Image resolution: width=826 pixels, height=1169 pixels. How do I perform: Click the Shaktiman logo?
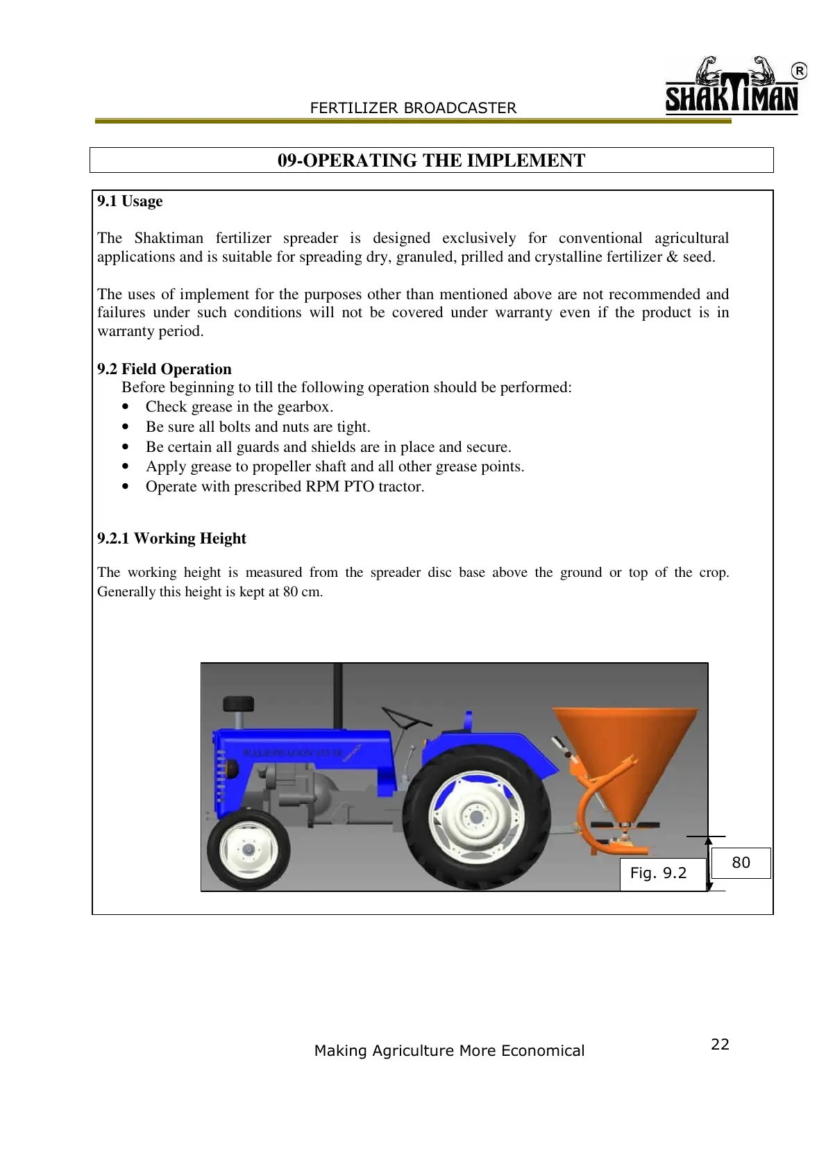click(x=732, y=87)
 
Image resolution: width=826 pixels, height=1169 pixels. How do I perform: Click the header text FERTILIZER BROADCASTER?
click(x=413, y=108)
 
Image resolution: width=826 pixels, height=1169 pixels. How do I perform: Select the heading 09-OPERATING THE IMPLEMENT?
click(x=431, y=160)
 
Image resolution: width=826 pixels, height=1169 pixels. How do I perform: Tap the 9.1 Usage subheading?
click(x=130, y=201)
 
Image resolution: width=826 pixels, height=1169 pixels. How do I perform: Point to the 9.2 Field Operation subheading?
click(x=165, y=369)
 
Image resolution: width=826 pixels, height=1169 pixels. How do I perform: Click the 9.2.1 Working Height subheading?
click(x=171, y=539)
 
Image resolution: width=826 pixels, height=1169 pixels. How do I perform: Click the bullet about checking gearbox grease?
click(x=239, y=407)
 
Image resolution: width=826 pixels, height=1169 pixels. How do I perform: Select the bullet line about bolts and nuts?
click(x=258, y=427)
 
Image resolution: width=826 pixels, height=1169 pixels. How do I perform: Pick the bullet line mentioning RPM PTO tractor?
click(x=285, y=487)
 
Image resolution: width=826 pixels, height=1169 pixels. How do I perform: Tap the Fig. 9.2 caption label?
click(x=658, y=873)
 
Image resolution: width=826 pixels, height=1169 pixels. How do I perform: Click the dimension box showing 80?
click(x=741, y=863)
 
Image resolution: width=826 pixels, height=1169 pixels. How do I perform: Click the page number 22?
click(x=720, y=1045)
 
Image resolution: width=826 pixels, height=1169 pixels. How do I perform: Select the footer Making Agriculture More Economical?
click(x=449, y=1051)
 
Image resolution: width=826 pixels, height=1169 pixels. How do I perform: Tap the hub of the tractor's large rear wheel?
click(x=476, y=817)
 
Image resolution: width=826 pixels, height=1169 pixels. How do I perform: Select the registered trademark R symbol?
click(x=800, y=71)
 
